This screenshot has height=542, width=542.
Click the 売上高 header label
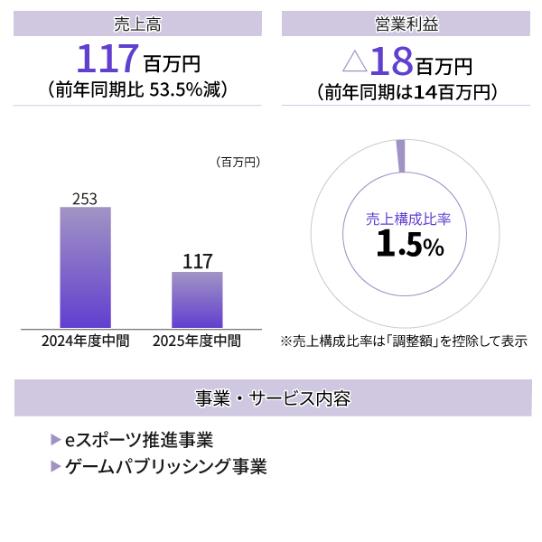(138, 23)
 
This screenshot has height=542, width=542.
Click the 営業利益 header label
(406, 23)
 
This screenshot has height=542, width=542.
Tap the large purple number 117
(107, 60)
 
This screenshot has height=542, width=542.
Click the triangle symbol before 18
(355, 61)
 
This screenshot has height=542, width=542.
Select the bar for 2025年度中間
(197, 300)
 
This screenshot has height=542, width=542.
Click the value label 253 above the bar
(85, 198)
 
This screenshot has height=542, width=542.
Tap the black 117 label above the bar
(197, 262)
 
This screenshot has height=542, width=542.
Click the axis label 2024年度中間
(85, 341)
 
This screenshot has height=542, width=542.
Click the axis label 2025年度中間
(197, 341)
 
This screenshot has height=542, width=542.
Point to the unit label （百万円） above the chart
(238, 163)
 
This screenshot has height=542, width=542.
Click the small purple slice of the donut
(400, 155)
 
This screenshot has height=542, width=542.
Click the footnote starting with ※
(404, 341)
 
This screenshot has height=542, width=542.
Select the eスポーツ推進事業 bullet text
(139, 440)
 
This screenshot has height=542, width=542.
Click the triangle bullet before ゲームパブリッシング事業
(56, 467)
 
